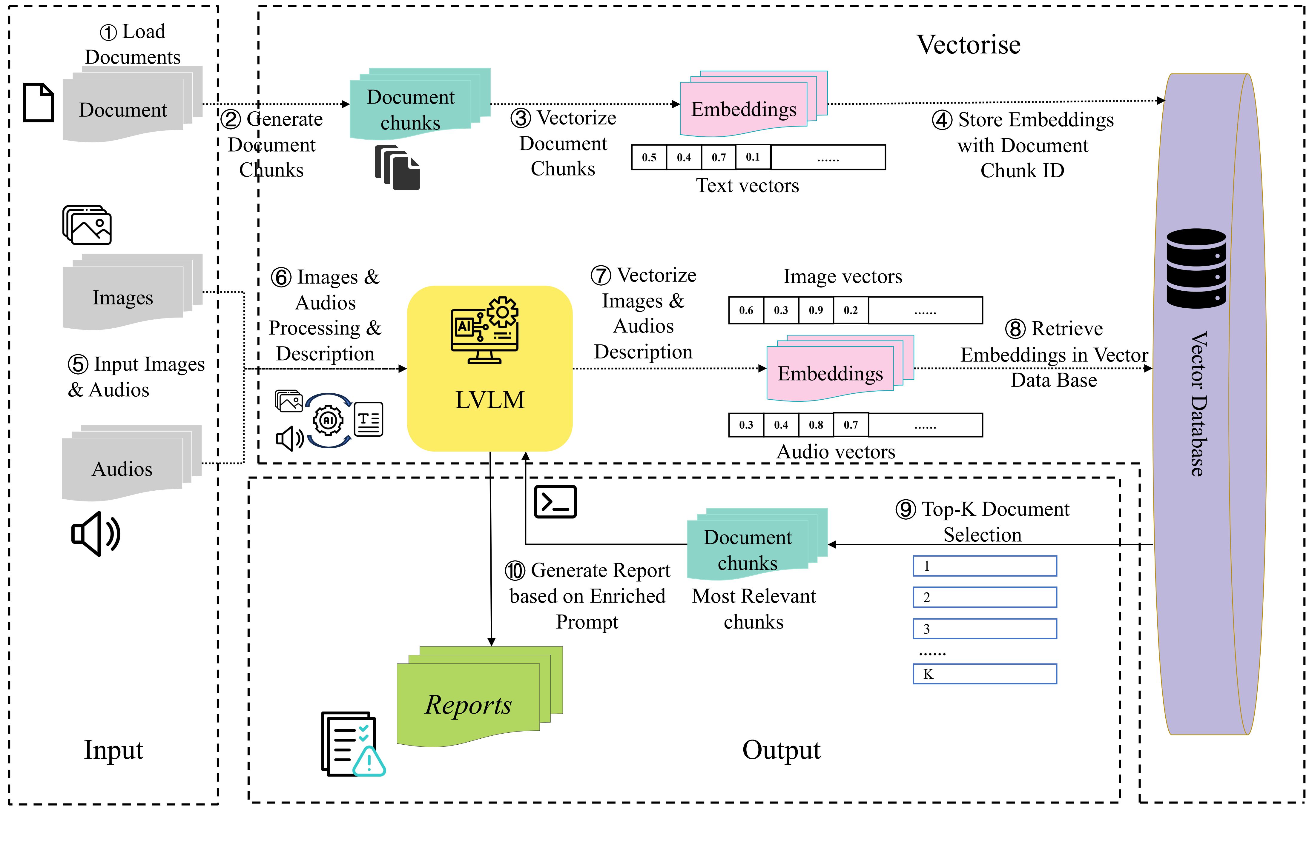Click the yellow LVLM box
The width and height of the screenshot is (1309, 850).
[489, 368]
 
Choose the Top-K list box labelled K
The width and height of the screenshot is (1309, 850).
[984, 674]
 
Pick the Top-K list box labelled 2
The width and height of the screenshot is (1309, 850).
[984, 597]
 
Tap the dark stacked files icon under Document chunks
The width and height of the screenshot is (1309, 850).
[397, 168]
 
